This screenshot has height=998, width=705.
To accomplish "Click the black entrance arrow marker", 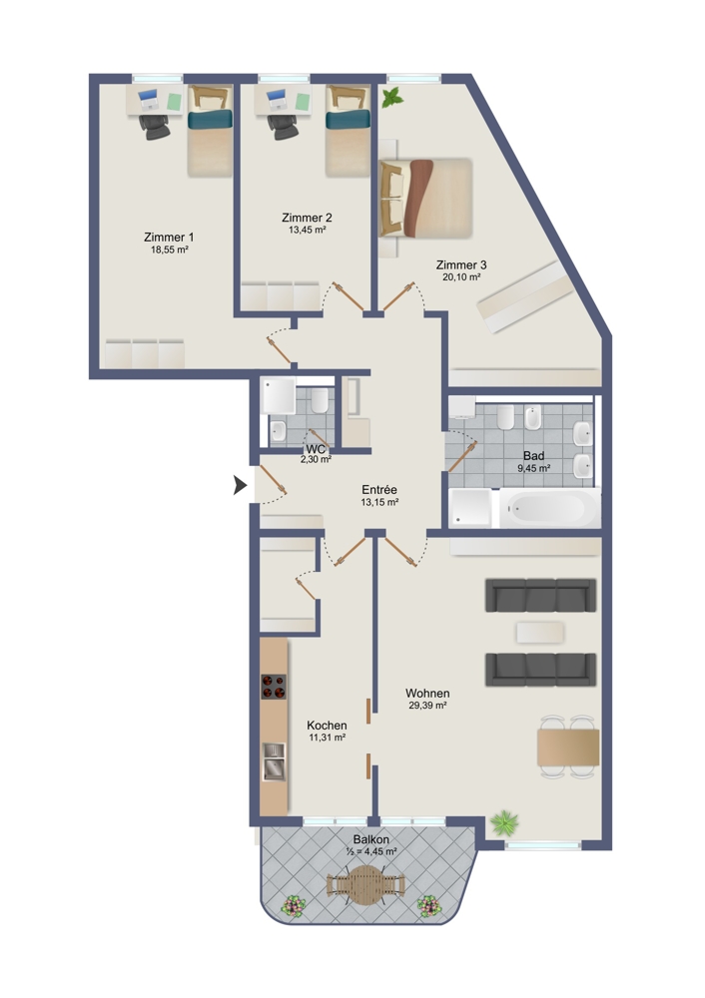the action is (240, 485).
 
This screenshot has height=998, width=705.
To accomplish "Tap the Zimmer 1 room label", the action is (169, 238).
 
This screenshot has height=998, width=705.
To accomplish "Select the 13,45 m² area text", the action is (307, 230).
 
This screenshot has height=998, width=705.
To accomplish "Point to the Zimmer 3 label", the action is (461, 264).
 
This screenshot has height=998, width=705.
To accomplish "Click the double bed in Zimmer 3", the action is (426, 198).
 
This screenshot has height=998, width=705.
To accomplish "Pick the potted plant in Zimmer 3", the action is (391, 98).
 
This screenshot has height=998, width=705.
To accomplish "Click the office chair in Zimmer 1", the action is (155, 126).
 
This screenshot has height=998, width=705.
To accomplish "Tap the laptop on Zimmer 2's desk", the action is (276, 99).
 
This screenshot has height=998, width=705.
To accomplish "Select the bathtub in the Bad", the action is (549, 508).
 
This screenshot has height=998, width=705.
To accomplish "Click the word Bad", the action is (533, 456).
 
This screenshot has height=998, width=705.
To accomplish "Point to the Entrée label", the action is (379, 489).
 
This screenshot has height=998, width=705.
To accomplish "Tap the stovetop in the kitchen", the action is (274, 687).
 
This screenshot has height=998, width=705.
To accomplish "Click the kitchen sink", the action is (275, 761).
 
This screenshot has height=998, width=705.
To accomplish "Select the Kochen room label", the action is (327, 725).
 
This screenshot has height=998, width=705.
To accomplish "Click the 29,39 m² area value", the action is (427, 706).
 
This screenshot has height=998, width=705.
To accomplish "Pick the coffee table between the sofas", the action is (540, 632).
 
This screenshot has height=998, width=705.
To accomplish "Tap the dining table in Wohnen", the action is (569, 748).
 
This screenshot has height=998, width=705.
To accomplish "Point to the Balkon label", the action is (371, 839).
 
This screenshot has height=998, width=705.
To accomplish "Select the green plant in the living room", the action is (504, 823).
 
